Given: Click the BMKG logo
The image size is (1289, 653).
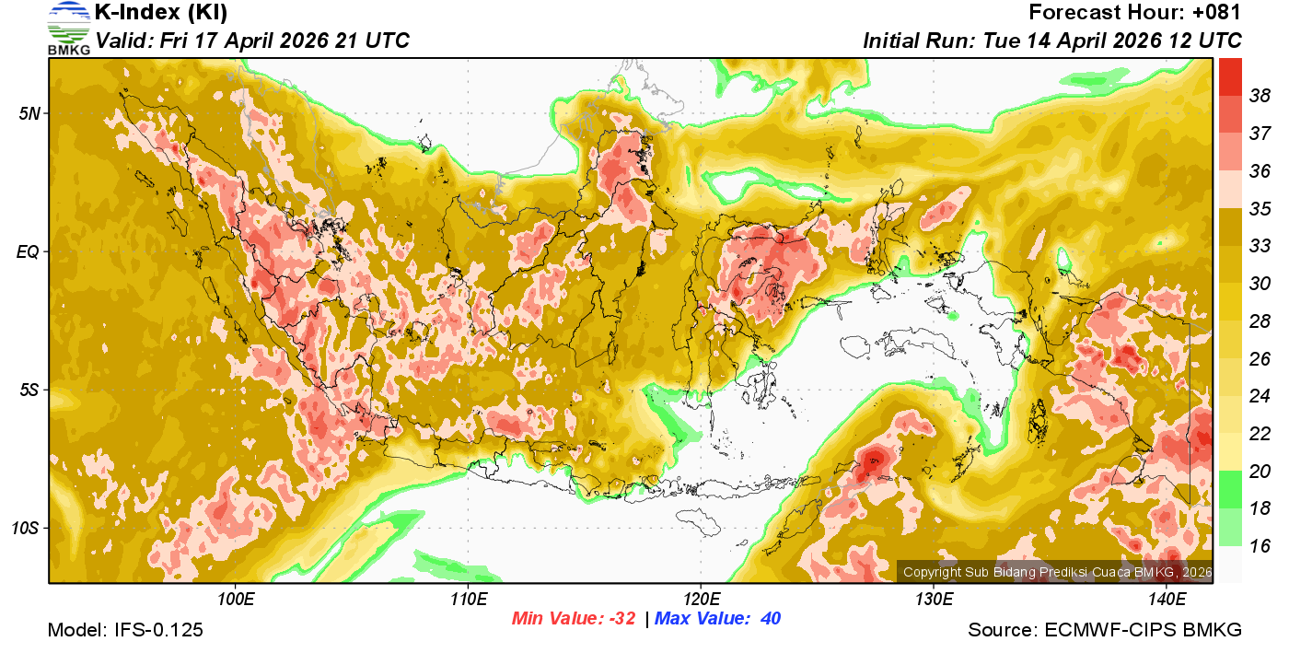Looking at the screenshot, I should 69,29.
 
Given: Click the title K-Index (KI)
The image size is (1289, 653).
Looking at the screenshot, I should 161,13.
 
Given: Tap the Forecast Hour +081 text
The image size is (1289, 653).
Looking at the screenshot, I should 1135,13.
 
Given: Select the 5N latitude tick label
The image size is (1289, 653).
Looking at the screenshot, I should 29,113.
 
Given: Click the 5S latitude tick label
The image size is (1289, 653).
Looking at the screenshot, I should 29,390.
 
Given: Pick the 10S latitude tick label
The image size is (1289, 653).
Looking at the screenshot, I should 25,529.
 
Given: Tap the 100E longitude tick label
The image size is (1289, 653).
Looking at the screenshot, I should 236,599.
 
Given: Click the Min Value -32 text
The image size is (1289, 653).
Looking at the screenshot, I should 574,619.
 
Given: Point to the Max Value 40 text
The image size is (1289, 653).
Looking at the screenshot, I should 717,619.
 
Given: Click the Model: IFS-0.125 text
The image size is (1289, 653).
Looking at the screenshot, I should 125,631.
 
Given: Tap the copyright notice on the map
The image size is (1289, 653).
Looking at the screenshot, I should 1057,572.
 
